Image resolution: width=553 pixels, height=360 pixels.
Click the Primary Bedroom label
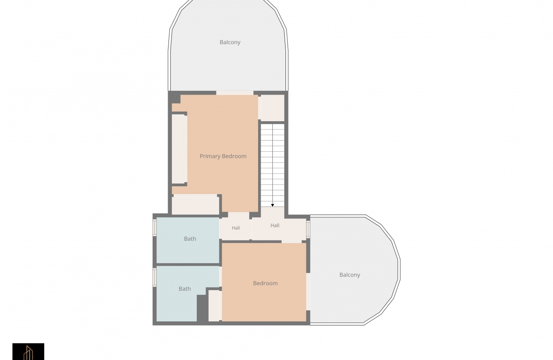tap(223, 156)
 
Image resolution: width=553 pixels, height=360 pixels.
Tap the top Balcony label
tap(230, 42)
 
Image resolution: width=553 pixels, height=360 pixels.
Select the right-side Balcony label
tap(349, 275)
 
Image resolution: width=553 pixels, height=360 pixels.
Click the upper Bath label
tap(190, 239)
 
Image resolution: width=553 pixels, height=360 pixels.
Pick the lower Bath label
tap(185, 289)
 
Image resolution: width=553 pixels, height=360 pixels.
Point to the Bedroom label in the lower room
tap(265, 283)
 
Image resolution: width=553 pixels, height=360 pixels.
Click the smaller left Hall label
tap(236, 228)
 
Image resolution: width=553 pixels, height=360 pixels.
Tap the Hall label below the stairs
tap(275, 225)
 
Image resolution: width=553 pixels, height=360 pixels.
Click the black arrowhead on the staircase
tap(273, 205)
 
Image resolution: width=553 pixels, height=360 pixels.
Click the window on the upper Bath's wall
tap(155, 228)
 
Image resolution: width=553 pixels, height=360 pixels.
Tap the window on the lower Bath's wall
tap(155, 277)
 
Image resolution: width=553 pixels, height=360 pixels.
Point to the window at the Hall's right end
tap(308, 229)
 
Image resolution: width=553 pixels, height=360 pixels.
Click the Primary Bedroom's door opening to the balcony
tap(235, 93)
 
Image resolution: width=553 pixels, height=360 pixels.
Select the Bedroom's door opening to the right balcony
tap(308, 291)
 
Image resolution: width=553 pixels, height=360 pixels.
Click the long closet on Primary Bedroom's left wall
tap(178, 149)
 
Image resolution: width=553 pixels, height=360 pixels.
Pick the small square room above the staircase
tap(273, 108)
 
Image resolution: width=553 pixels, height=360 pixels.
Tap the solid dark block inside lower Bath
tap(202, 308)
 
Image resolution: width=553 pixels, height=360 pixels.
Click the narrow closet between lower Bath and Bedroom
tap(214, 306)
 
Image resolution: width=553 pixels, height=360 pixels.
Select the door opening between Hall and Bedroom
tap(292, 242)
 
